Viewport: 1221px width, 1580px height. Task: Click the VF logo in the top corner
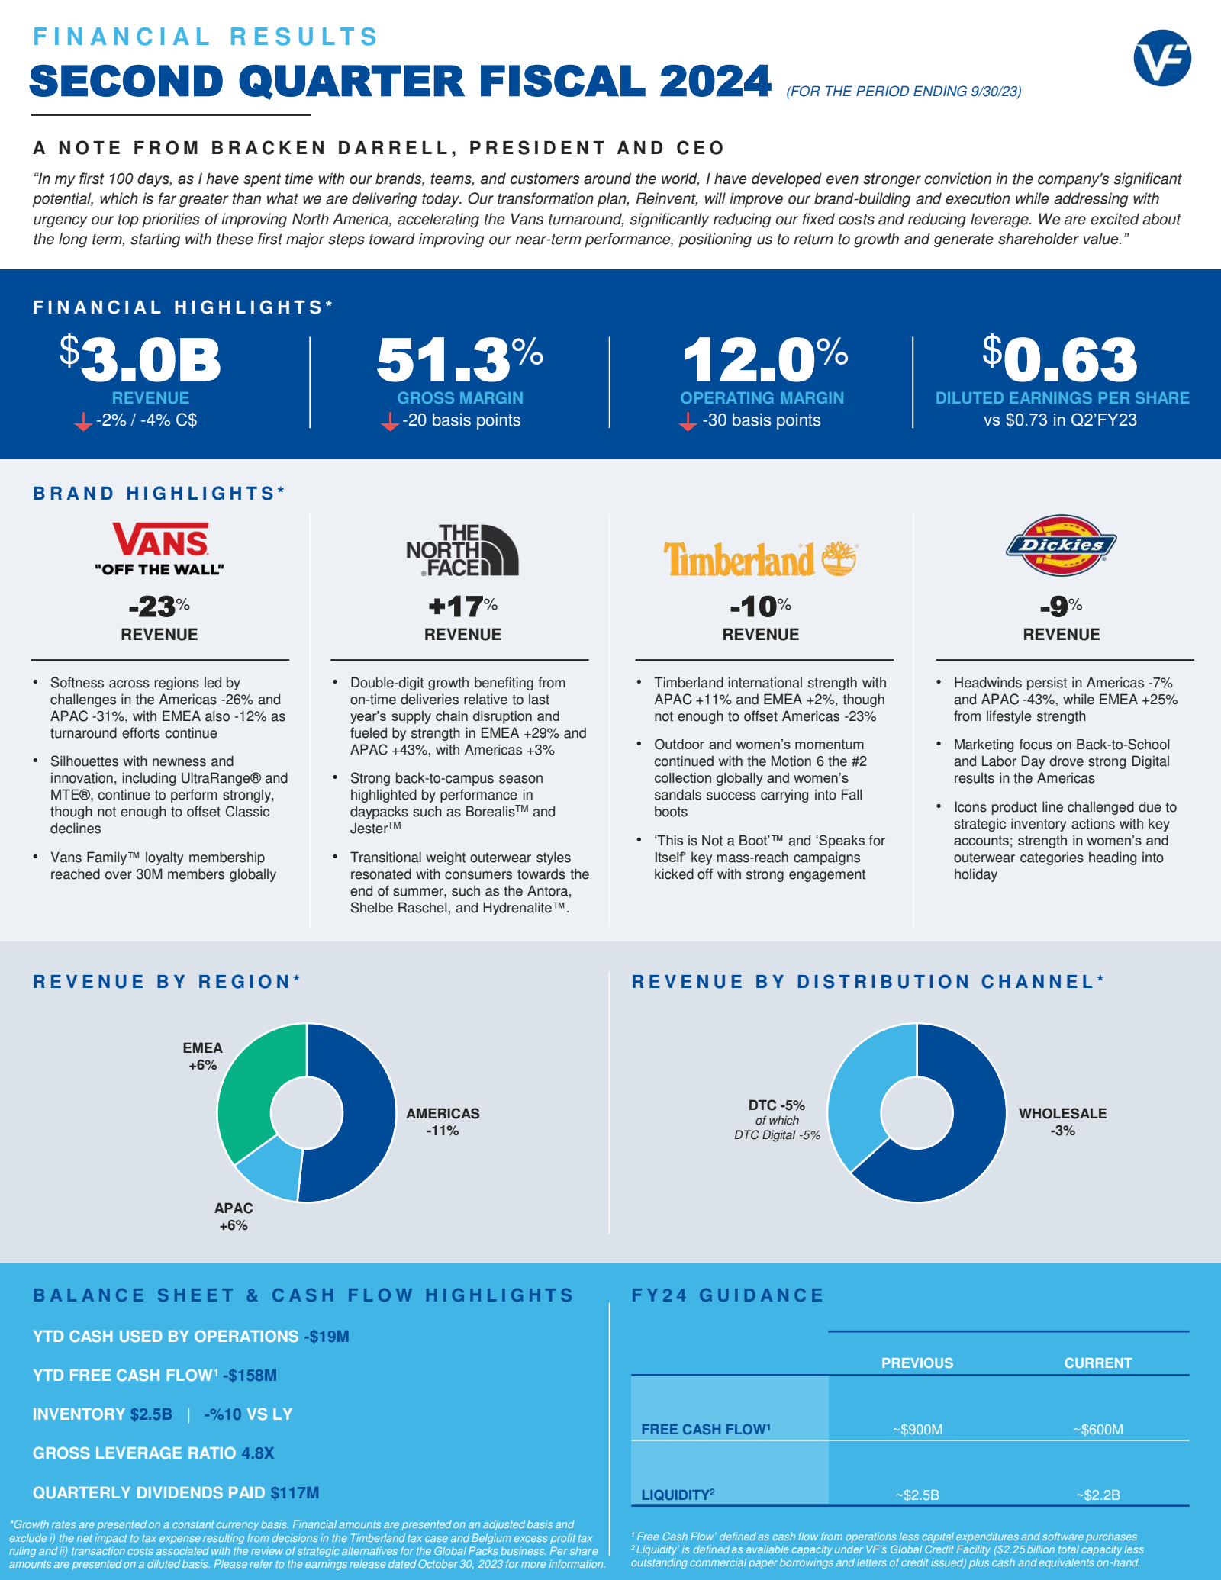[x=1162, y=58]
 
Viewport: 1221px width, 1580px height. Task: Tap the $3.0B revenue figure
[x=140, y=359]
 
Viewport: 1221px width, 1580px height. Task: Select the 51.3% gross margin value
[x=460, y=359]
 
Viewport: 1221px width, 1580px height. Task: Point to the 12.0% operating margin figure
[x=765, y=359]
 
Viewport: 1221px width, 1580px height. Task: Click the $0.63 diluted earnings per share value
[x=1060, y=359]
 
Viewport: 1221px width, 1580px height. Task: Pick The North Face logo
[x=462, y=549]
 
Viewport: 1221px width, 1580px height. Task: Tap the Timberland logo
[x=761, y=558]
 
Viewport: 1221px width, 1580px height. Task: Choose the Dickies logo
[x=1061, y=545]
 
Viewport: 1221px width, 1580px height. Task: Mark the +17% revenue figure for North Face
[x=462, y=607]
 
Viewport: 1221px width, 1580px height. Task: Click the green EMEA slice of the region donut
[x=255, y=1087]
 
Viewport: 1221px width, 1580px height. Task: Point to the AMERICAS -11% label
[x=443, y=1121]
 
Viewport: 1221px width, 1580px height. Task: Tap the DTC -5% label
[x=776, y=1105]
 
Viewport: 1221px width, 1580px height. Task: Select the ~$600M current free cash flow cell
[x=1097, y=1429]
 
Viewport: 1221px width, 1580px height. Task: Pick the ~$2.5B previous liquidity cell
[x=917, y=1495]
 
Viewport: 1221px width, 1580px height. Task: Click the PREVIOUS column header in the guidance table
[x=917, y=1363]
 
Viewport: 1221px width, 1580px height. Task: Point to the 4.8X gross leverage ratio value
[x=258, y=1453]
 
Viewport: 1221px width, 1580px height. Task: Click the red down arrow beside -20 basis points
[x=390, y=421]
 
